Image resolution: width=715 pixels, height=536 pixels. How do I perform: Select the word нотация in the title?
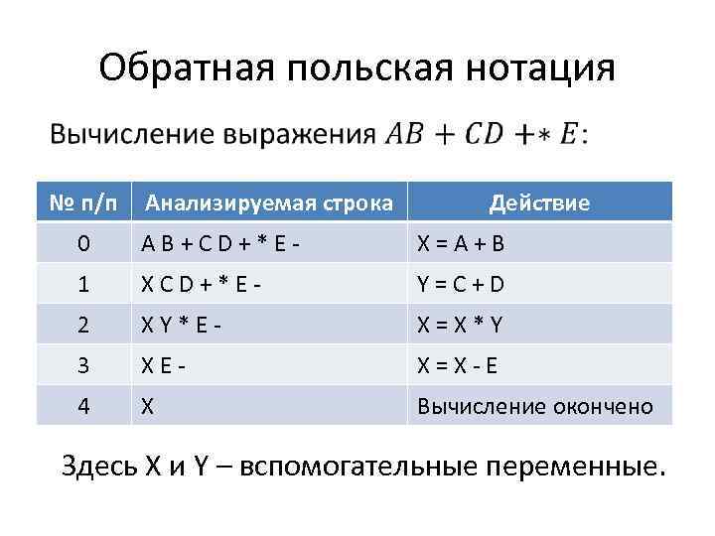(537, 67)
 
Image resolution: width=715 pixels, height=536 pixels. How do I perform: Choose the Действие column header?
(539, 203)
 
